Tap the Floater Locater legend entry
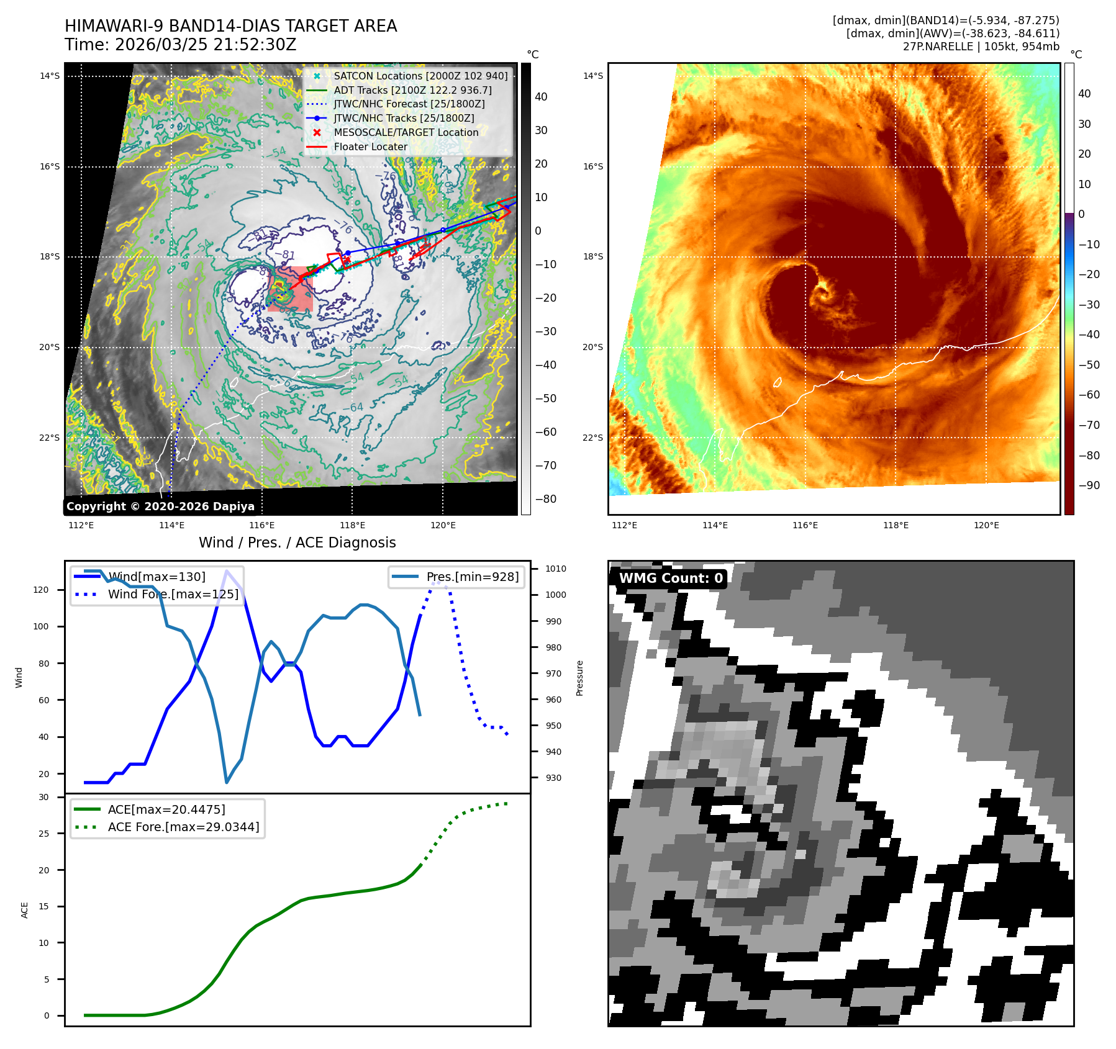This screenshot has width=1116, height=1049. [370, 147]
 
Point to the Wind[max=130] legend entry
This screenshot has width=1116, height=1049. [156, 577]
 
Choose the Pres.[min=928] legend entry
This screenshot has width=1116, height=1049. [472, 577]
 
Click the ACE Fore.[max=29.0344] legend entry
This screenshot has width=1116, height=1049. [183, 827]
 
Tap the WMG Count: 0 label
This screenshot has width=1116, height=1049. [671, 579]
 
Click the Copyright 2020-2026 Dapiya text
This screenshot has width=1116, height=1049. [160, 506]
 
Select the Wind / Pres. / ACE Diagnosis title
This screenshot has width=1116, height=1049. [297, 543]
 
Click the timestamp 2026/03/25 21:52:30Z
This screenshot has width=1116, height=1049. [206, 45]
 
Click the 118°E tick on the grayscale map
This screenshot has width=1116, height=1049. [352, 526]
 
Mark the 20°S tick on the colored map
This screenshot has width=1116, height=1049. [592, 348]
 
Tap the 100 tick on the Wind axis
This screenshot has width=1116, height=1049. [41, 627]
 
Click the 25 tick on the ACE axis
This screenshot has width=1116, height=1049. [43, 834]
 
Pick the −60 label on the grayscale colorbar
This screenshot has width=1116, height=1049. [546, 433]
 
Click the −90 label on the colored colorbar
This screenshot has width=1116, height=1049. [1089, 486]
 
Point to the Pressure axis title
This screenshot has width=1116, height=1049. [579, 678]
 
